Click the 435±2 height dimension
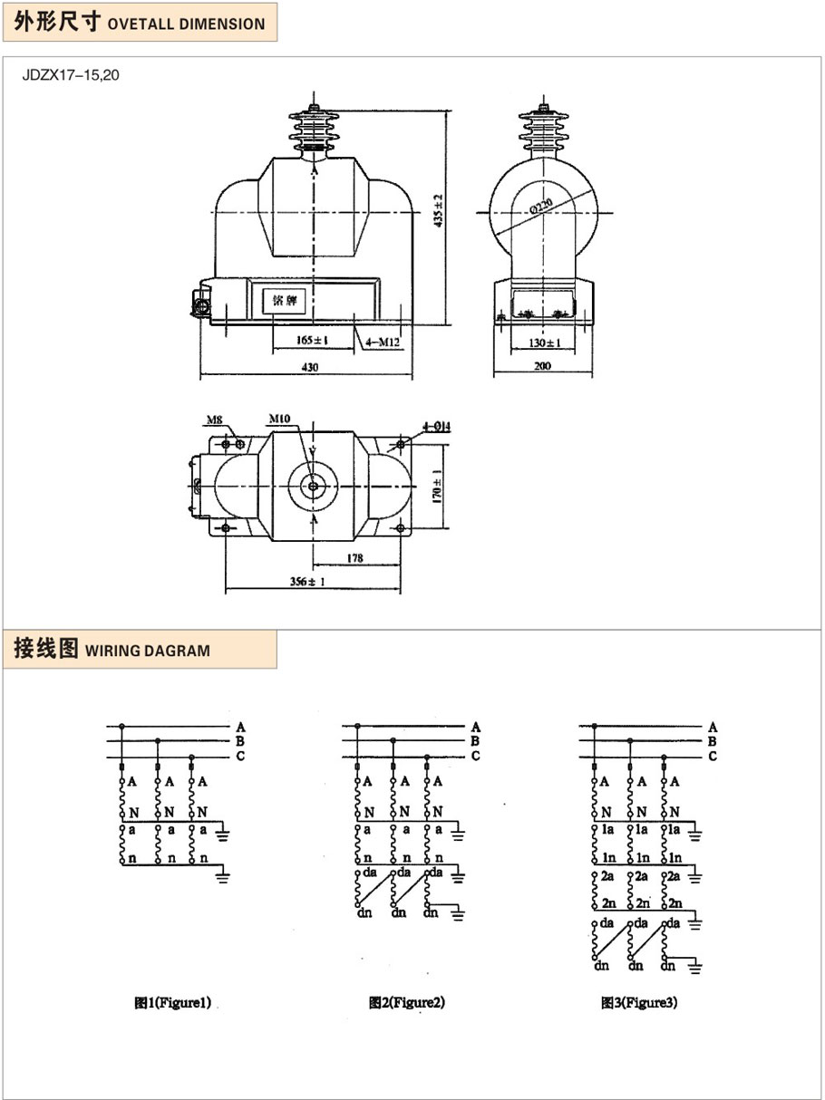(438, 210)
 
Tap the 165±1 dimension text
(312, 341)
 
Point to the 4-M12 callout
(383, 342)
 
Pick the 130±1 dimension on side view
(544, 343)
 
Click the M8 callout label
(214, 420)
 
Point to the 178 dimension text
(354, 558)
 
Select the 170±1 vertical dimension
(438, 487)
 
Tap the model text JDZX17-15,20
(71, 75)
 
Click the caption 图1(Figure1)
(172, 1003)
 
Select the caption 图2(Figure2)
(407, 1003)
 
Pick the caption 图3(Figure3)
(639, 1003)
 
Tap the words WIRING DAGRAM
(147, 651)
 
